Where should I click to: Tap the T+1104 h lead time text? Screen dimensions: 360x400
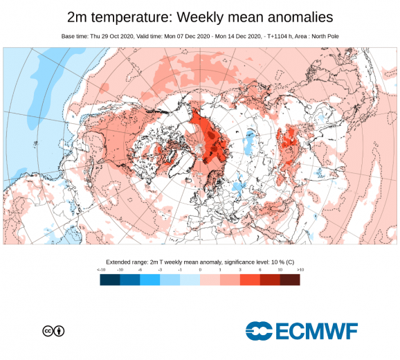coord(291,35)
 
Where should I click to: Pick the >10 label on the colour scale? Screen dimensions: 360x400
coord(300,269)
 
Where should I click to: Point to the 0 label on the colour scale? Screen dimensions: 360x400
coord(201,269)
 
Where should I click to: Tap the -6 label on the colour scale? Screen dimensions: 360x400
coord(140,269)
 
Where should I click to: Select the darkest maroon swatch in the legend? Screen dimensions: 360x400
coord(291,279)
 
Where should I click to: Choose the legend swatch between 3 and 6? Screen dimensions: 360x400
coord(251,279)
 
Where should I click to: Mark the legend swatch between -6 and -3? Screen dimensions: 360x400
coord(150,279)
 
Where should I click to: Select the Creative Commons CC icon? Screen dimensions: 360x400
coord(48,331)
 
